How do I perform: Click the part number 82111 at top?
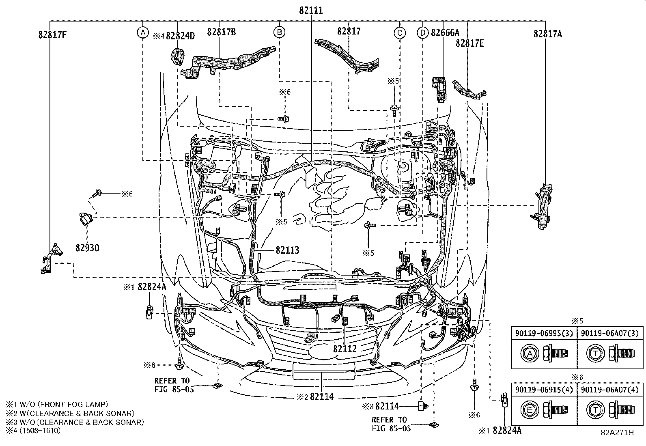(311, 11)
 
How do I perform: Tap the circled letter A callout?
(142, 32)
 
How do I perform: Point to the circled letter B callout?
(279, 32)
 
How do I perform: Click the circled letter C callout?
(400, 32)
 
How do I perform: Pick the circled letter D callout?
(422, 32)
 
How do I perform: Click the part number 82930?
(87, 248)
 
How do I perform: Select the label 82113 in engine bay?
(287, 250)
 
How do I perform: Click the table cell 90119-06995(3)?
(543, 334)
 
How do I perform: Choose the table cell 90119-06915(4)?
(543, 390)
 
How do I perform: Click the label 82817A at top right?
(547, 34)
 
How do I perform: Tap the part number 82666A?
(445, 32)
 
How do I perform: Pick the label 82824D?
(180, 36)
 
